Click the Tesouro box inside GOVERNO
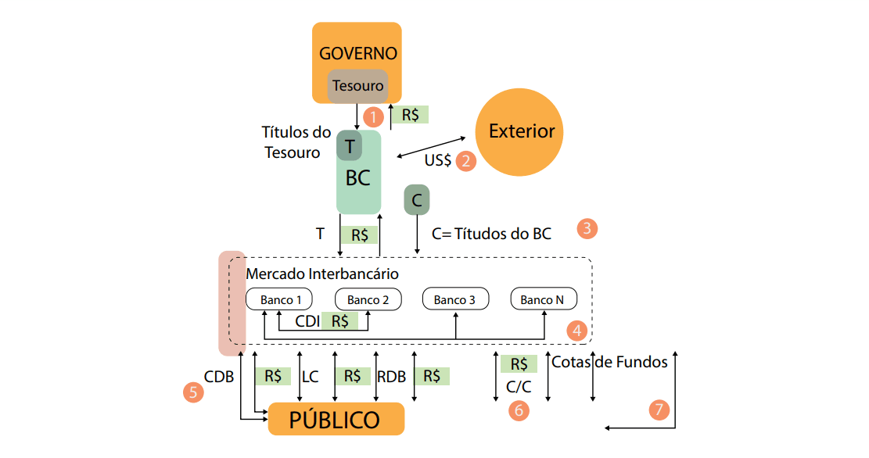point(357,86)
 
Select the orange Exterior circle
point(521,131)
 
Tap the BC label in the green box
point(357,178)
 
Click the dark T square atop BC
point(350,145)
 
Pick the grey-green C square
point(417,200)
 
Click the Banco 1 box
point(279,299)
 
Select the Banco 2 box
point(368,299)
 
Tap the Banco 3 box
point(455,299)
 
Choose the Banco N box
point(544,299)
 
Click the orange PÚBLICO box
point(336,419)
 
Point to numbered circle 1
point(374,117)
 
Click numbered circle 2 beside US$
point(466,161)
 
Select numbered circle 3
point(587,229)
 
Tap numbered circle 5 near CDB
point(192,392)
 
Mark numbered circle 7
point(659,409)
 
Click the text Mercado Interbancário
point(322,274)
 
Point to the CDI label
point(307,320)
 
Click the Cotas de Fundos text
point(609,362)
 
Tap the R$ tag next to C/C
point(519,364)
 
